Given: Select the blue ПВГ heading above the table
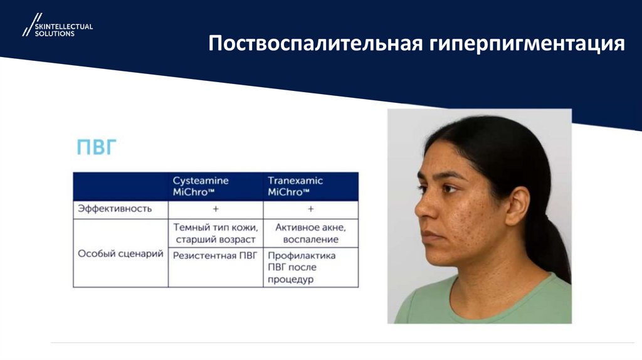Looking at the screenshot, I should pyautogui.click(x=97, y=149).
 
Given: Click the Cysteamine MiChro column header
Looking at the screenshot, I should pyautogui.click(x=201, y=186).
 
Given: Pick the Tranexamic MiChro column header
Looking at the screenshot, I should pyautogui.click(x=296, y=186).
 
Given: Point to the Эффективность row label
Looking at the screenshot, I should pyautogui.click(x=114, y=209).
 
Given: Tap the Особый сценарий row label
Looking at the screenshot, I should pyautogui.click(x=120, y=254).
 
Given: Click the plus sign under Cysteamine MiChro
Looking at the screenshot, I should pyautogui.click(x=216, y=209).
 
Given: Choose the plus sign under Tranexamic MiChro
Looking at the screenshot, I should pyautogui.click(x=311, y=209).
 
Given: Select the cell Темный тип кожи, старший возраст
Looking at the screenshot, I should pyautogui.click(x=216, y=233).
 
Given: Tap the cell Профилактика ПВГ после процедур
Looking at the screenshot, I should pyautogui.click(x=302, y=268).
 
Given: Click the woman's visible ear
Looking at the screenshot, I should pyautogui.click(x=517, y=204).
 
